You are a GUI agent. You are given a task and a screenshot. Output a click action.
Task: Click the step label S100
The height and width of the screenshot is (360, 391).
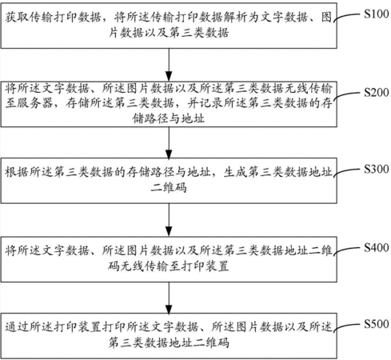[x=377, y=14]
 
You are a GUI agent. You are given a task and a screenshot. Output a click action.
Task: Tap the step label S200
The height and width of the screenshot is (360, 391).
[x=377, y=92]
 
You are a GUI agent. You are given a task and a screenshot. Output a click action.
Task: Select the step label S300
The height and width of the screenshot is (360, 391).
[x=377, y=169]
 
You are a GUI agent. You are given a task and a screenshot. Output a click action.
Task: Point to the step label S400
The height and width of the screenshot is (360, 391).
[x=377, y=247]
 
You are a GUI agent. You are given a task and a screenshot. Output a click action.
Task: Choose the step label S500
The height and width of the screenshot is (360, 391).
[x=377, y=324]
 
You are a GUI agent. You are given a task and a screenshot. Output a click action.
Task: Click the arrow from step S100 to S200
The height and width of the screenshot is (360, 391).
[x=169, y=65]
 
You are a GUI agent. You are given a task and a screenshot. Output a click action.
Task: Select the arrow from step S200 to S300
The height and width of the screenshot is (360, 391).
[x=169, y=142]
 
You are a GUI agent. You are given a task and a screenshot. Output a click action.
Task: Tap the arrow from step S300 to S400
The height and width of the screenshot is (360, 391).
[x=169, y=220]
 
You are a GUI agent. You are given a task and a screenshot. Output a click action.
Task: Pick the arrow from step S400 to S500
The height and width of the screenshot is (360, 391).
[x=169, y=298]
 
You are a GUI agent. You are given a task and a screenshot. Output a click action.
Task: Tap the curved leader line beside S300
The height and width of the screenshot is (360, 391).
[x=346, y=172]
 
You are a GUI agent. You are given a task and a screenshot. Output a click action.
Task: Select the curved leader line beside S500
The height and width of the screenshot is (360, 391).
[x=346, y=327]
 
